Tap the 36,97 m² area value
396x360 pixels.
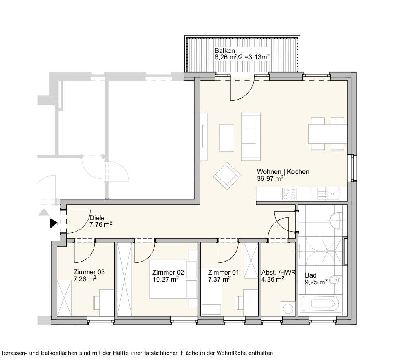(270, 178)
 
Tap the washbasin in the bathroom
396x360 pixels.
(337, 219)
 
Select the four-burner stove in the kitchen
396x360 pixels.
(289, 194)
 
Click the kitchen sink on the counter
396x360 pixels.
(328, 194)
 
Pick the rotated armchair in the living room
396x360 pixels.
(227, 176)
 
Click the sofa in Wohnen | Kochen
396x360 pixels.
(251, 136)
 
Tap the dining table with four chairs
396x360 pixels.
(328, 134)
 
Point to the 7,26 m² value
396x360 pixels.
(85, 279)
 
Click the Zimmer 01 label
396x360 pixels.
(223, 273)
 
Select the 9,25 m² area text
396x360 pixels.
(316, 282)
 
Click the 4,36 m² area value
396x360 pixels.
(272, 279)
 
